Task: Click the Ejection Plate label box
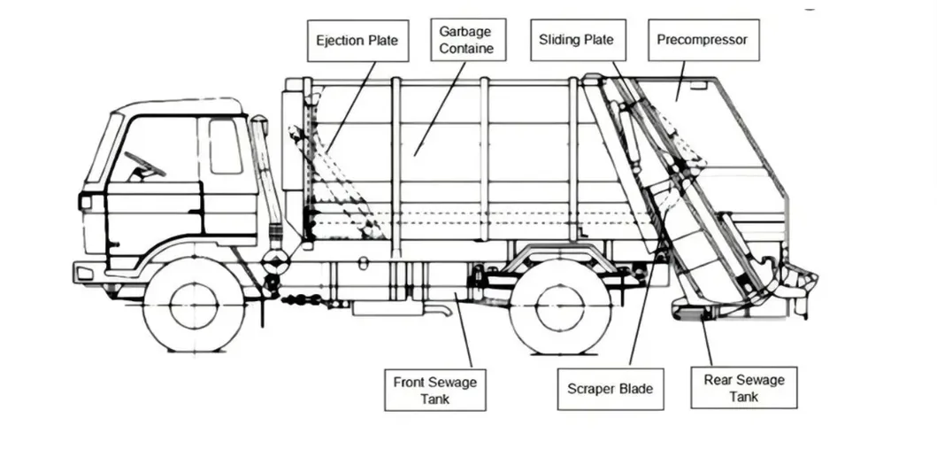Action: pos(357,41)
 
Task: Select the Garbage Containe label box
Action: pos(466,40)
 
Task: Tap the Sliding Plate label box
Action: pos(576,41)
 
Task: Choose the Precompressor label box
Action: pos(703,41)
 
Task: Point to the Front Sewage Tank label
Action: pos(434,391)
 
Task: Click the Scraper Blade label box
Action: pos(611,390)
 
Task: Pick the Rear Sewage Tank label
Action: pos(744,389)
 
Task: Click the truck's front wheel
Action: pos(194,304)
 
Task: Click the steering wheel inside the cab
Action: pos(145,166)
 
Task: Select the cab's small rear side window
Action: pos(225,146)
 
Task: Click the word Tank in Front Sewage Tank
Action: pos(435,399)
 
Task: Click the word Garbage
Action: pos(466,32)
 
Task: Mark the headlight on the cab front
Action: pos(86,202)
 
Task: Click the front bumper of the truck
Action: pos(88,270)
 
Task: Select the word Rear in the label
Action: pos(718,381)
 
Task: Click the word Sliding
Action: pos(559,41)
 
